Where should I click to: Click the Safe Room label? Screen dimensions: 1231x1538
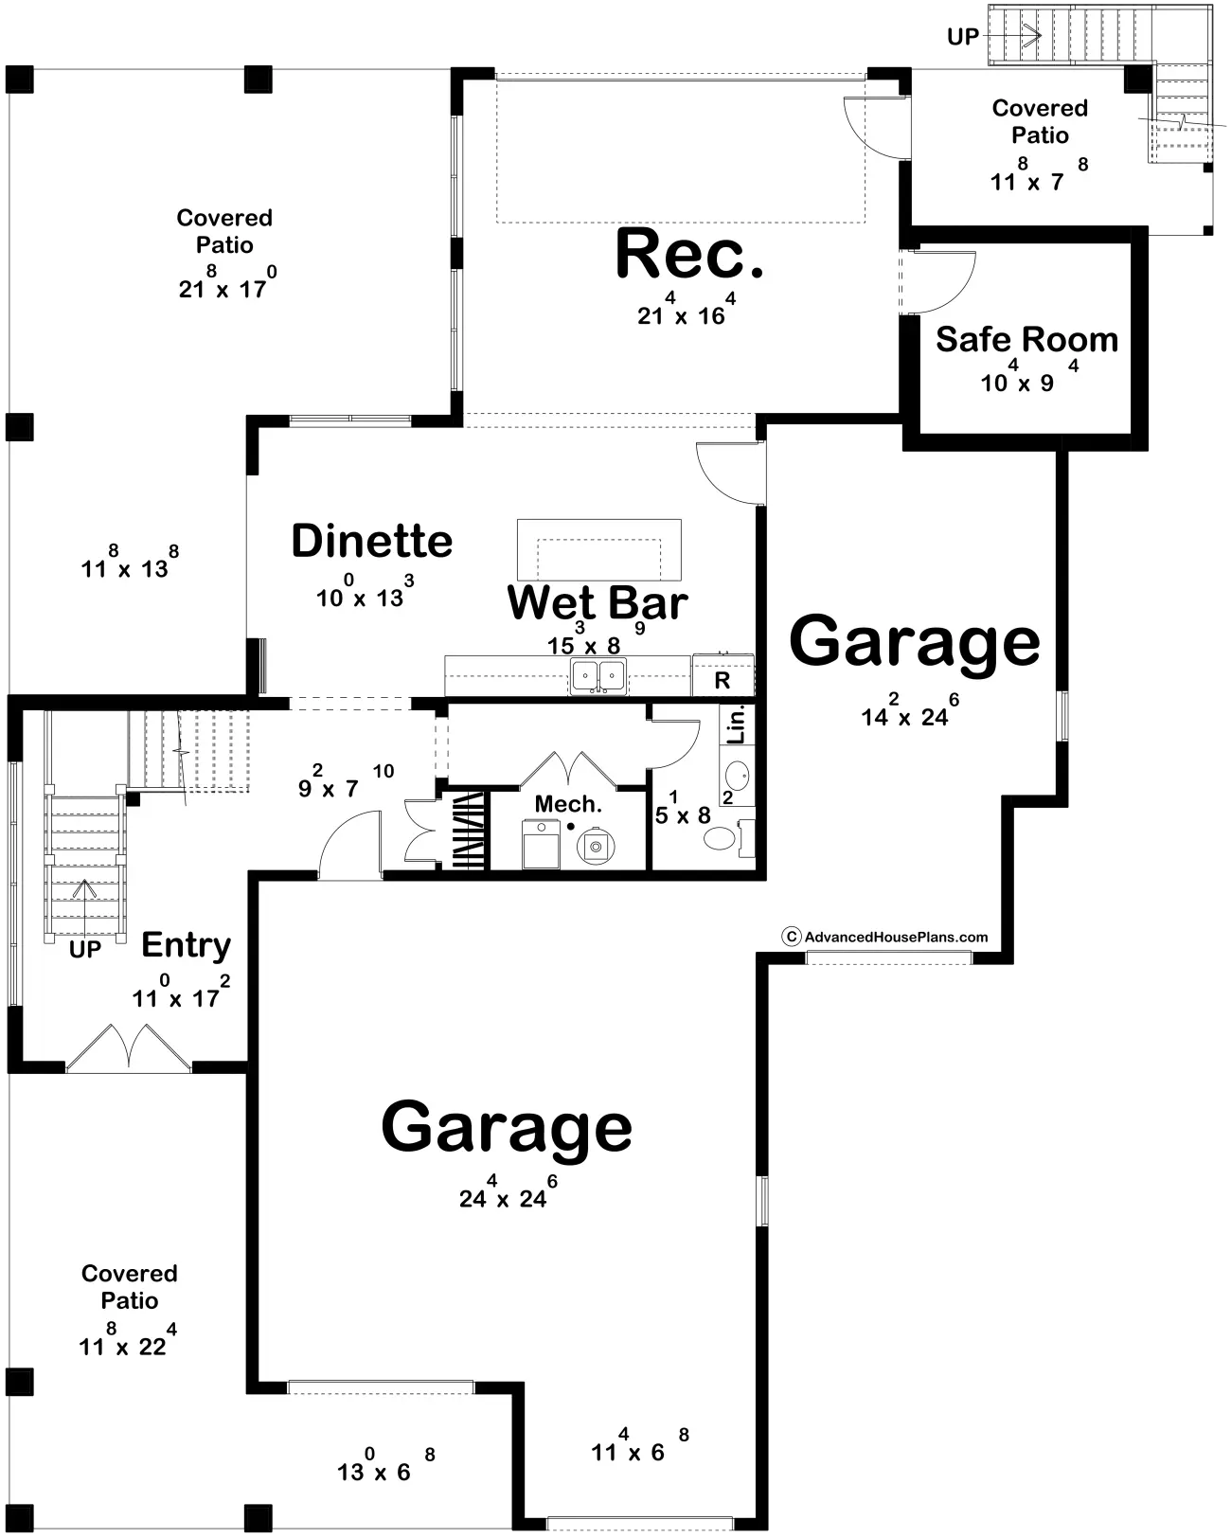(x=1026, y=339)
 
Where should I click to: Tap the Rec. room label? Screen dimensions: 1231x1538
(x=689, y=254)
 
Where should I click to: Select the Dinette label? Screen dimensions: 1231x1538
(x=372, y=541)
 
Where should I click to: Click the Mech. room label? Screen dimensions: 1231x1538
(x=568, y=804)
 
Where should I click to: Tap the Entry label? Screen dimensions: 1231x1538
(x=186, y=945)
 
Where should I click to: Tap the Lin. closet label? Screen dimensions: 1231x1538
(x=736, y=724)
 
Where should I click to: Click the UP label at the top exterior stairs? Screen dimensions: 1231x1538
(x=962, y=36)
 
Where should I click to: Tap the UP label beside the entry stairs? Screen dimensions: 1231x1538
(x=85, y=950)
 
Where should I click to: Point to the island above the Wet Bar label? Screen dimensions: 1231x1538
(x=599, y=549)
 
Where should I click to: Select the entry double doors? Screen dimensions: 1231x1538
(x=129, y=1049)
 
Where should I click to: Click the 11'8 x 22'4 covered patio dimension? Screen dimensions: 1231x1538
(x=127, y=1342)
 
